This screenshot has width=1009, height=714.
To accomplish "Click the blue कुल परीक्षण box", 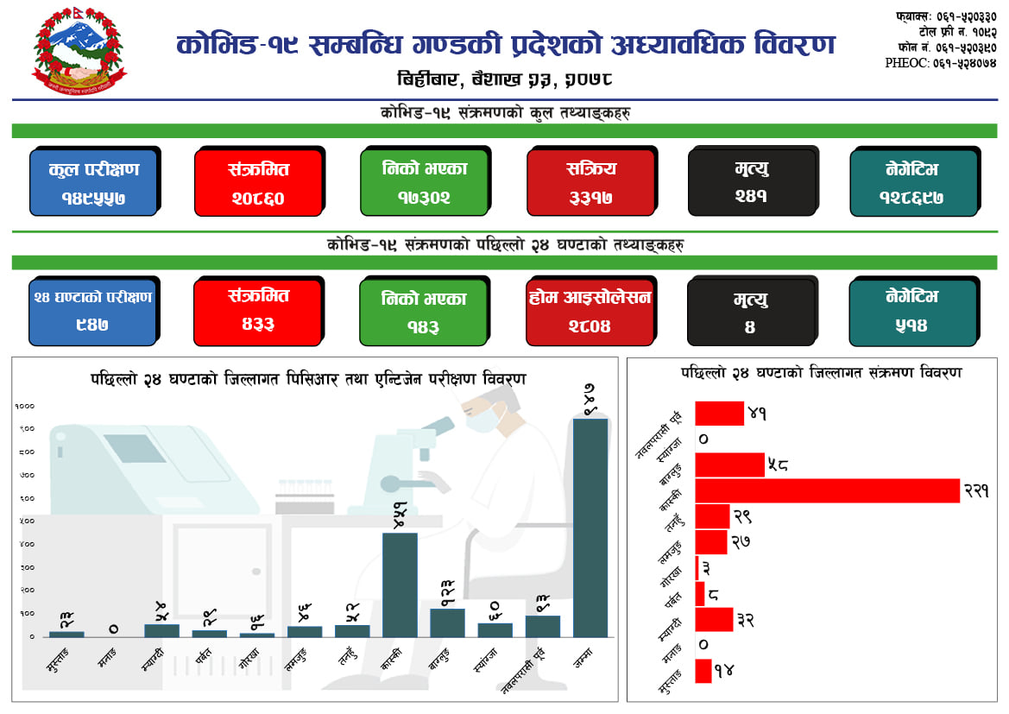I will point(93,182).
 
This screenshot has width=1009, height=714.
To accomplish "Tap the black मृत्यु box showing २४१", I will point(751,182).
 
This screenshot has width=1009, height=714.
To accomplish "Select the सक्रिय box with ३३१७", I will point(590,182).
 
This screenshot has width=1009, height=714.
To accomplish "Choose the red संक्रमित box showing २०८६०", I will point(258,182).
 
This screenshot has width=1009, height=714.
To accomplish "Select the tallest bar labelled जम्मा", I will point(590,527).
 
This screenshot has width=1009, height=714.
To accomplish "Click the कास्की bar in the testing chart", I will point(400,584).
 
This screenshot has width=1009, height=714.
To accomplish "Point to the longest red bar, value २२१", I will point(827,490).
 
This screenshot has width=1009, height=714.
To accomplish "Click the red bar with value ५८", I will point(729,464).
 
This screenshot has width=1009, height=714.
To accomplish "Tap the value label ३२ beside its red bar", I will point(744,619).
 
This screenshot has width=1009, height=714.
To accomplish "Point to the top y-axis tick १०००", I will point(24,406).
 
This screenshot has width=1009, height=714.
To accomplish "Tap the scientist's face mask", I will point(482,420).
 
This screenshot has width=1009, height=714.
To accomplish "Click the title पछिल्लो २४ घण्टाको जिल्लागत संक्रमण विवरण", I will point(821,372).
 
